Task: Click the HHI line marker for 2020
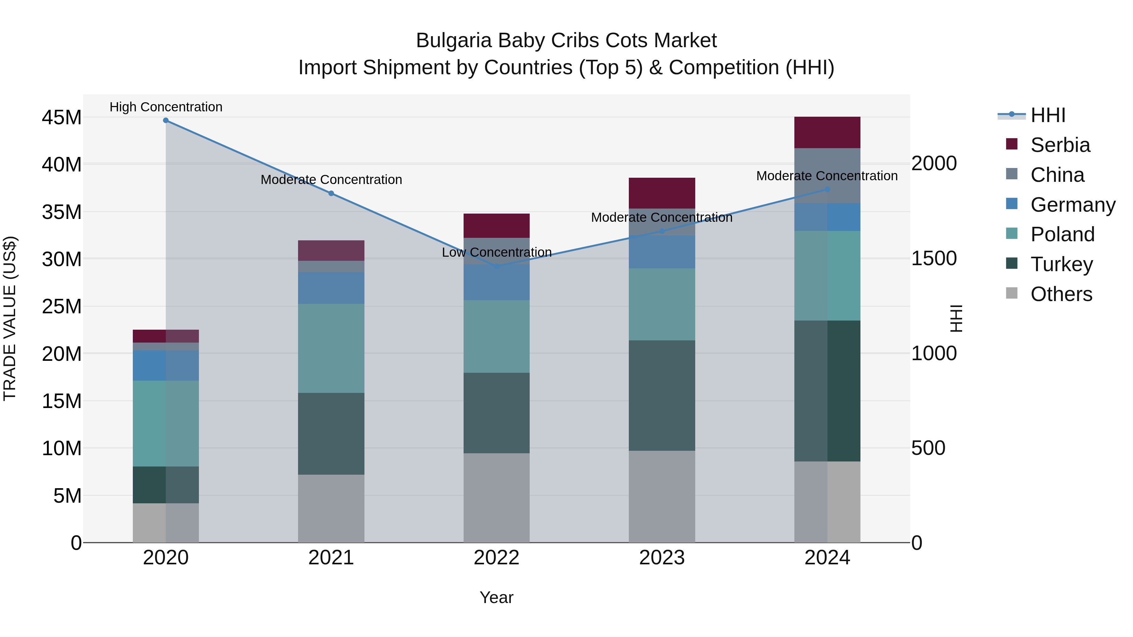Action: point(166,120)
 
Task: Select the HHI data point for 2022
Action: point(497,266)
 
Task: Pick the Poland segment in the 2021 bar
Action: point(331,348)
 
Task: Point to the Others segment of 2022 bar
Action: point(497,498)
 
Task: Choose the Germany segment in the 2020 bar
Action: point(166,365)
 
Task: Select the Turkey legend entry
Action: point(1061,264)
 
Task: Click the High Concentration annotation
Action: point(166,107)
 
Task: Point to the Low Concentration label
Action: point(497,252)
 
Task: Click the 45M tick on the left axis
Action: point(62,118)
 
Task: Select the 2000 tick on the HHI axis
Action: point(934,164)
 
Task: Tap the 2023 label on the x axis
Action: point(662,558)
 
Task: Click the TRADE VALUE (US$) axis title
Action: point(10,318)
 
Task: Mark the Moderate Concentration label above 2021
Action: point(331,180)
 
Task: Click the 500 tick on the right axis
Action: point(928,448)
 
